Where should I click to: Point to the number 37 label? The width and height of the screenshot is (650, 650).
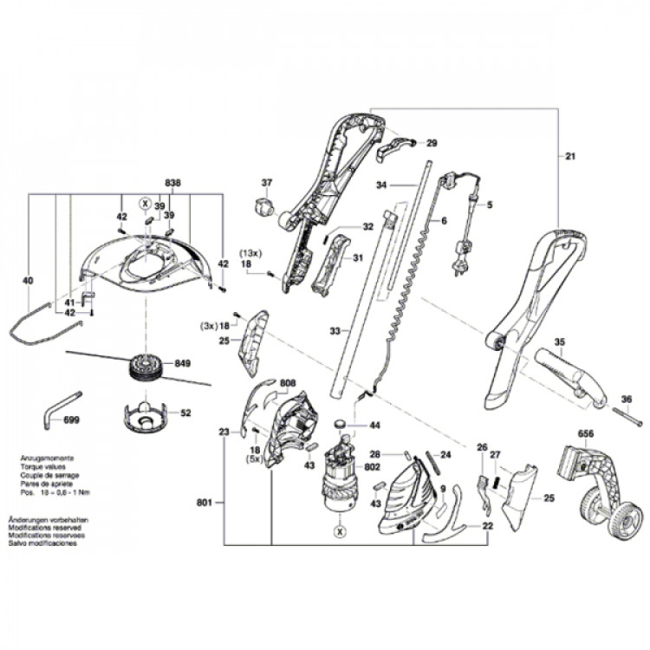pyautogui.click(x=267, y=183)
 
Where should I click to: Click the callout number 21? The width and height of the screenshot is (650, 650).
pyautogui.click(x=569, y=157)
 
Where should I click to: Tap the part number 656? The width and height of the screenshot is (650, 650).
pyautogui.click(x=586, y=434)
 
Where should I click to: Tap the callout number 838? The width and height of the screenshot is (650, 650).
pyautogui.click(x=172, y=184)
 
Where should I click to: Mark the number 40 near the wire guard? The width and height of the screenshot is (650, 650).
pyautogui.click(x=28, y=281)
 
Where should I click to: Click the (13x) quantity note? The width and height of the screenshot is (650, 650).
pyautogui.click(x=251, y=253)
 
